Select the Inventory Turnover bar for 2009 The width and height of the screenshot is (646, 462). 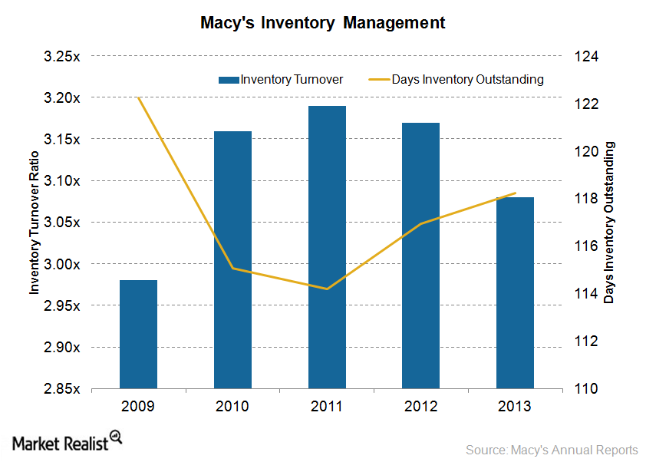coord(138,334)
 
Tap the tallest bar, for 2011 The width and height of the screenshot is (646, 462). coord(327,247)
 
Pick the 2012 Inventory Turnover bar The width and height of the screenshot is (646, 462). coord(420,256)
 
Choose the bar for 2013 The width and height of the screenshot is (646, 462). coord(515,292)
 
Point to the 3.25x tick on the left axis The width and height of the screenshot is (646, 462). coord(64,57)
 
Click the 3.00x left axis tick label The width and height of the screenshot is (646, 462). coord(64,264)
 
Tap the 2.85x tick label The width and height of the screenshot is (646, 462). coord(64,388)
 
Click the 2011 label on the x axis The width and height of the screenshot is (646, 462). coord(327,405)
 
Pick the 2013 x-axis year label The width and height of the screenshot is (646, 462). coord(515,405)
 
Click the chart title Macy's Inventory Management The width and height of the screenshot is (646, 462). coord(322,23)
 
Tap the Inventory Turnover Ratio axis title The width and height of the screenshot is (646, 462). coord(34,223)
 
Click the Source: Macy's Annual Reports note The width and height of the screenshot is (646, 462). coord(552,449)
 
